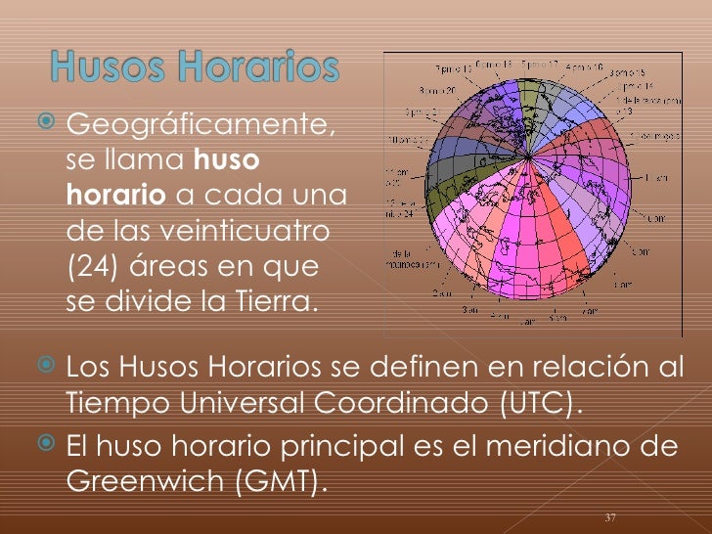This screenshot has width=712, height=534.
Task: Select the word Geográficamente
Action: click(x=200, y=125)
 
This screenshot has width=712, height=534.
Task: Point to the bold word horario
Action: click(x=115, y=195)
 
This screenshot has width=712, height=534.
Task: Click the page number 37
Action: click(x=610, y=516)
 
